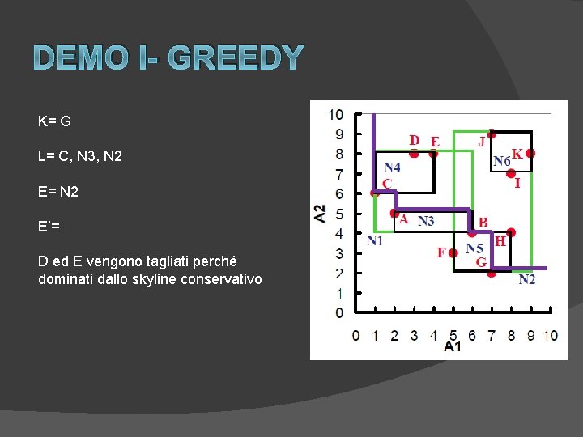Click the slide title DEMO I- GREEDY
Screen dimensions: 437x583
pos(168,58)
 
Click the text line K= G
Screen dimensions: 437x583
pos(54,121)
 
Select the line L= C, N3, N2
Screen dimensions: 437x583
pos(79,156)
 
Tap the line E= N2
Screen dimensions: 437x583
pos(58,192)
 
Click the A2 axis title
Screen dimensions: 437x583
pos(321,213)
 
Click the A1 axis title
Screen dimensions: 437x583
pos(453,346)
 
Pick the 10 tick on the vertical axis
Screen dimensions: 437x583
pos(335,114)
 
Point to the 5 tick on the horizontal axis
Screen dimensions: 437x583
pos(453,335)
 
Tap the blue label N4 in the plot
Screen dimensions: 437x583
pos(393,167)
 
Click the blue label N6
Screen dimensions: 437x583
pos(502,162)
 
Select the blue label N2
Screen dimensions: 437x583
pos(527,280)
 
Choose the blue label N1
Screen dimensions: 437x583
pos(375,240)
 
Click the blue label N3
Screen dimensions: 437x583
pos(426,220)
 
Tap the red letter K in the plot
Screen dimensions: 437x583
pos(516,153)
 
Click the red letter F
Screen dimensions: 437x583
pos(441,252)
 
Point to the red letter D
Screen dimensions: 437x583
pos(414,140)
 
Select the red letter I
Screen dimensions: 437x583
pos(517,184)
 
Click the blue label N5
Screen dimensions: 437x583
pos(474,248)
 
